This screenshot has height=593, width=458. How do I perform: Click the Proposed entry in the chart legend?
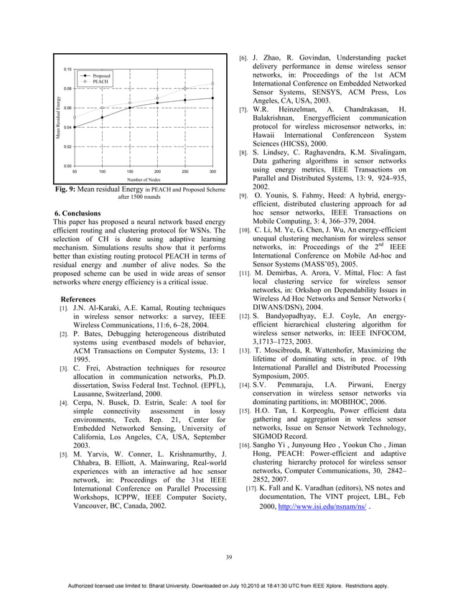tap(101, 75)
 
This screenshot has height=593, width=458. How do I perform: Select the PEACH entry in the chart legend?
tap(99, 82)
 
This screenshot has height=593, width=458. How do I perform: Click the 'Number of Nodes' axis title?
tap(144, 180)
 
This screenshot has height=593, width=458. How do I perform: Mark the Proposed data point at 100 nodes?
tap(102, 117)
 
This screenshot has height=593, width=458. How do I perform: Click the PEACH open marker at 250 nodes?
tap(185, 89)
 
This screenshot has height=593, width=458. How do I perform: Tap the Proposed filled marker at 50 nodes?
tap(75, 127)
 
